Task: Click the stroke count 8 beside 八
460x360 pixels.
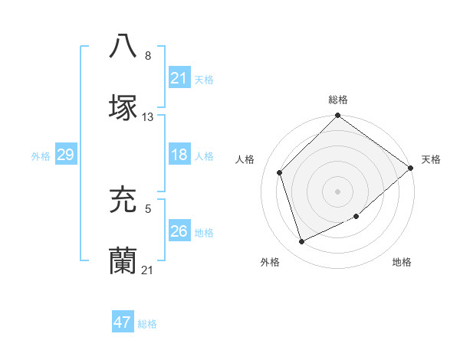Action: click(x=148, y=56)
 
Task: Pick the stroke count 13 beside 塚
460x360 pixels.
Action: click(x=148, y=117)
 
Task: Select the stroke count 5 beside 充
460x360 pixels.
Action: click(x=148, y=207)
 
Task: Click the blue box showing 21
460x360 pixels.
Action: click(x=179, y=78)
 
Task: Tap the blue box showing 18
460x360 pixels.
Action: click(x=179, y=155)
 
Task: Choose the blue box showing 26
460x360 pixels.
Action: click(x=179, y=231)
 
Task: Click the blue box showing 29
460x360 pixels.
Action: click(x=65, y=155)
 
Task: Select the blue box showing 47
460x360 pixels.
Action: click(x=123, y=322)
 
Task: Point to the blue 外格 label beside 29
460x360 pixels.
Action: click(x=41, y=155)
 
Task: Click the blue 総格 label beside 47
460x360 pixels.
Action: click(x=147, y=324)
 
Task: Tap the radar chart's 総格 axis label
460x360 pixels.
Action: click(x=338, y=100)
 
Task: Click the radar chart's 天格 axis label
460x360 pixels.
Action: click(x=431, y=159)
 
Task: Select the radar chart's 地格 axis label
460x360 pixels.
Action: click(x=402, y=262)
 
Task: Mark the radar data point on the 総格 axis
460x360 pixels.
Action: click(x=337, y=116)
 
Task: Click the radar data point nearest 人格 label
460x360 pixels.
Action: click(x=280, y=172)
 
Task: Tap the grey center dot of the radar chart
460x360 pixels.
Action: click(x=337, y=191)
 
